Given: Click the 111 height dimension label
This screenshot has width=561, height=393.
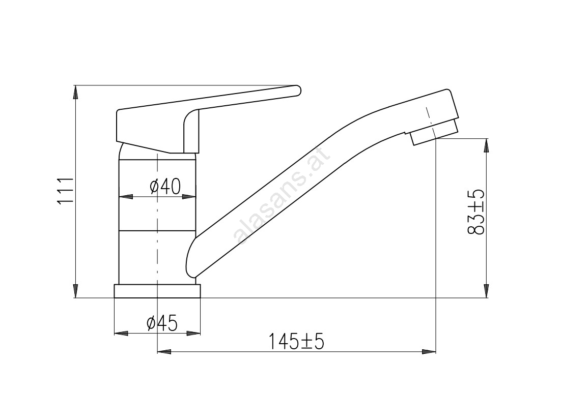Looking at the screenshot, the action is pos(65,191).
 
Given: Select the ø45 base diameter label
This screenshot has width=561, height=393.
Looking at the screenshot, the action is pos(162,323).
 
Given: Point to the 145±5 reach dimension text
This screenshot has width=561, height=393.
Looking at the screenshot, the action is pos(296,341).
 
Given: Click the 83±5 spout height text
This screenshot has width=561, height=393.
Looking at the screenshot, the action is pos(476,212).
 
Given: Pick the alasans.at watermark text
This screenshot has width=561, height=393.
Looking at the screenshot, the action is pos(281,198).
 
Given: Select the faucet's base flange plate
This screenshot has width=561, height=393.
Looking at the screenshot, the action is pos(157,291).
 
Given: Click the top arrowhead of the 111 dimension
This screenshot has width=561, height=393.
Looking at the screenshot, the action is pos(75,92).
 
